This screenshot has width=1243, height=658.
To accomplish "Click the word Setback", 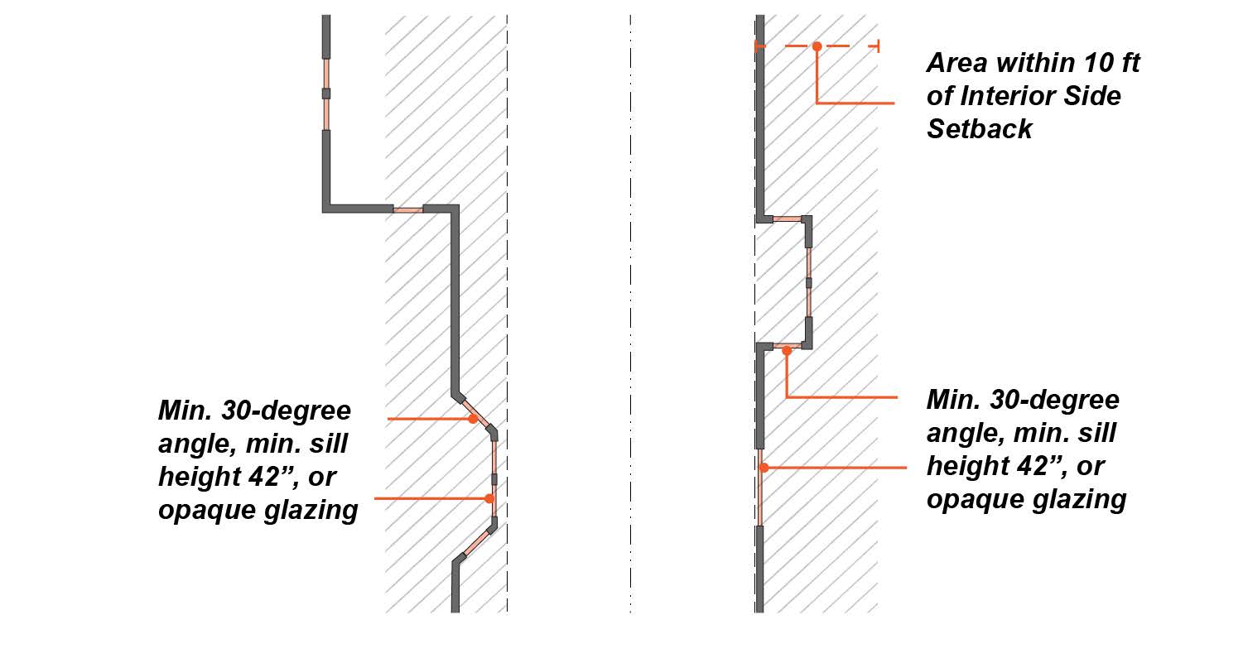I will pos(980,129).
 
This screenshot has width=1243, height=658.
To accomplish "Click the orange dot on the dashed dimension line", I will pos(817,46).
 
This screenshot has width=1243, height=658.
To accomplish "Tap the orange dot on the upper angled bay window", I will pos(473,419).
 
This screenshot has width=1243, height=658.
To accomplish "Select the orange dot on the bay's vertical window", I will pos(489,498).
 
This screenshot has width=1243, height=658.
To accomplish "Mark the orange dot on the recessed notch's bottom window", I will pos(787,350).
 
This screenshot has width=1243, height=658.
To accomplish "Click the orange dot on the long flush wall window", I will pos(764,468).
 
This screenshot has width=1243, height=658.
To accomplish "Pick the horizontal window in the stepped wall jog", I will pos(407,209).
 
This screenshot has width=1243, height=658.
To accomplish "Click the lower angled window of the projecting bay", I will pos(477,542).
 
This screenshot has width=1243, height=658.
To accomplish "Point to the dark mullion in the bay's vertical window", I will pos(494,478).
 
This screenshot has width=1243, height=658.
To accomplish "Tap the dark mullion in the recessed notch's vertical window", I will pos(808,282).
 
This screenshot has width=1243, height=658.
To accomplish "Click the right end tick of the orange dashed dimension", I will pos(877,46).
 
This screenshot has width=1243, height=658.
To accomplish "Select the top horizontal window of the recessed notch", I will pos(788,219).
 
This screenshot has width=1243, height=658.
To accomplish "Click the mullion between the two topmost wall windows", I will pos(326,94).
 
